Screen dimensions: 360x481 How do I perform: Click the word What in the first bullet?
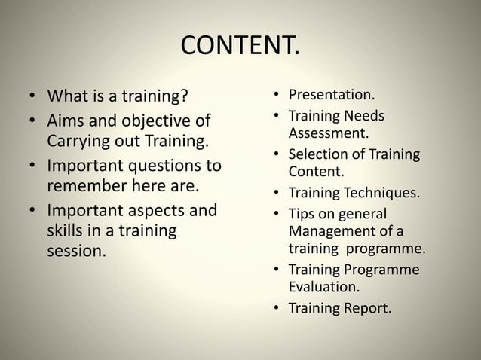click(65, 97)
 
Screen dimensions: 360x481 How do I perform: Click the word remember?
click(84, 185)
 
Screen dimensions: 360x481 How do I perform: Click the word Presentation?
click(332, 96)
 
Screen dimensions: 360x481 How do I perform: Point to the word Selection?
click(316, 155)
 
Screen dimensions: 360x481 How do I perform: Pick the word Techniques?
click(381, 192)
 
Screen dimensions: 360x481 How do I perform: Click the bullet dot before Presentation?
click(277, 96)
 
